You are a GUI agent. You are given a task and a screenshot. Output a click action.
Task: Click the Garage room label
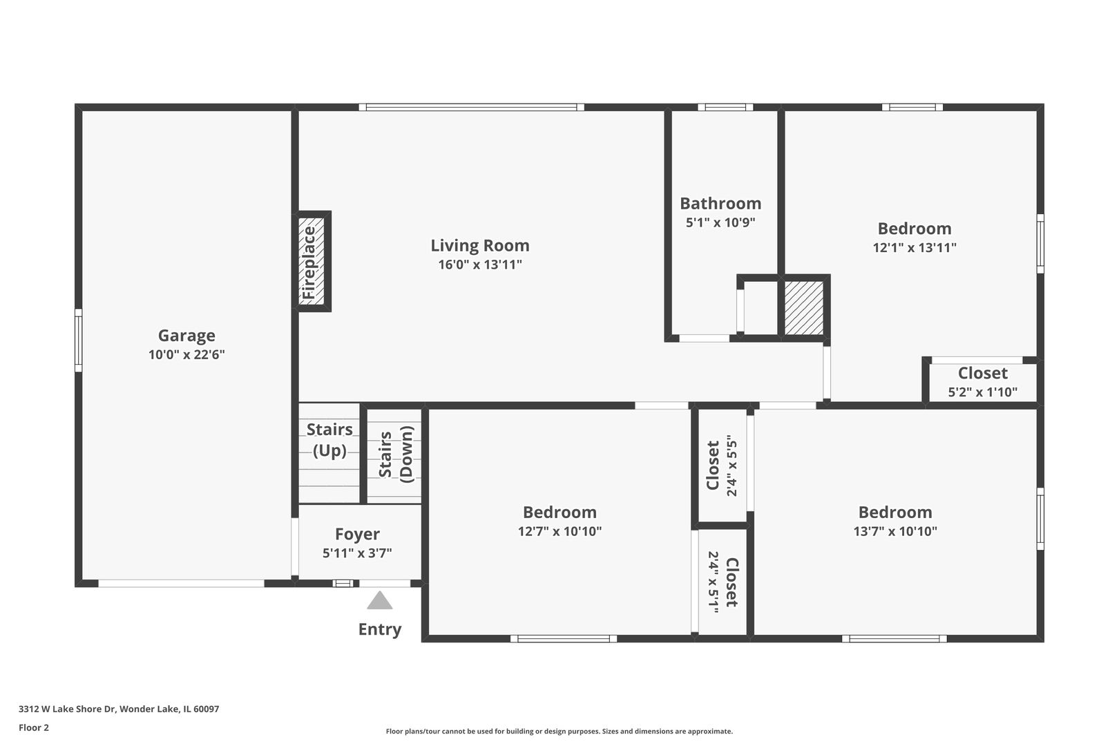click(x=186, y=336)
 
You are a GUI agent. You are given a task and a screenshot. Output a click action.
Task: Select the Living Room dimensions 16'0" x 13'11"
click(x=480, y=265)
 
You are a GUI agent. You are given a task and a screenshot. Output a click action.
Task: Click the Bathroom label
click(x=720, y=204)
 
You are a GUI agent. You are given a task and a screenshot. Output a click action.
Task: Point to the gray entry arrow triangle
click(x=380, y=600)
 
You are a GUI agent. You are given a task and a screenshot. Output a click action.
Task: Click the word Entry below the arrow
click(x=380, y=629)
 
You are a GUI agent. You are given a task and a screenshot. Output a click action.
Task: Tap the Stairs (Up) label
click(x=329, y=440)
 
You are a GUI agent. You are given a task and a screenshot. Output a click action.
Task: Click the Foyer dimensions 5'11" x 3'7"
click(x=357, y=553)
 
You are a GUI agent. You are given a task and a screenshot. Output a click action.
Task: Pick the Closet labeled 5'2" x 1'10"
click(x=982, y=382)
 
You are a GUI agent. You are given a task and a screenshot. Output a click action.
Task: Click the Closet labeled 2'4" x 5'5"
click(x=722, y=466)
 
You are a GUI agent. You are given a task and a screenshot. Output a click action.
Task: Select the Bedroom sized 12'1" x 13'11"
click(x=914, y=237)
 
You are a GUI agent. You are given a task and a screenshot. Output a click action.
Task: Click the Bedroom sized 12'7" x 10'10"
click(x=559, y=521)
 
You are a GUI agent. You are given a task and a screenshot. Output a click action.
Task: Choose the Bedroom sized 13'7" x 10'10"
click(x=895, y=521)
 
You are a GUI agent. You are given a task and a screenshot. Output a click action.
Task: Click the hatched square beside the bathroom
click(x=804, y=307)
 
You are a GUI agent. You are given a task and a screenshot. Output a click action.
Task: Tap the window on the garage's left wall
click(x=78, y=340)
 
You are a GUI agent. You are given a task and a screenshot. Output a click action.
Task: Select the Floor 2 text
click(x=34, y=727)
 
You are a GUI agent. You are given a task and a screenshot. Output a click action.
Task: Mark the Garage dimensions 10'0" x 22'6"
click(x=186, y=355)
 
